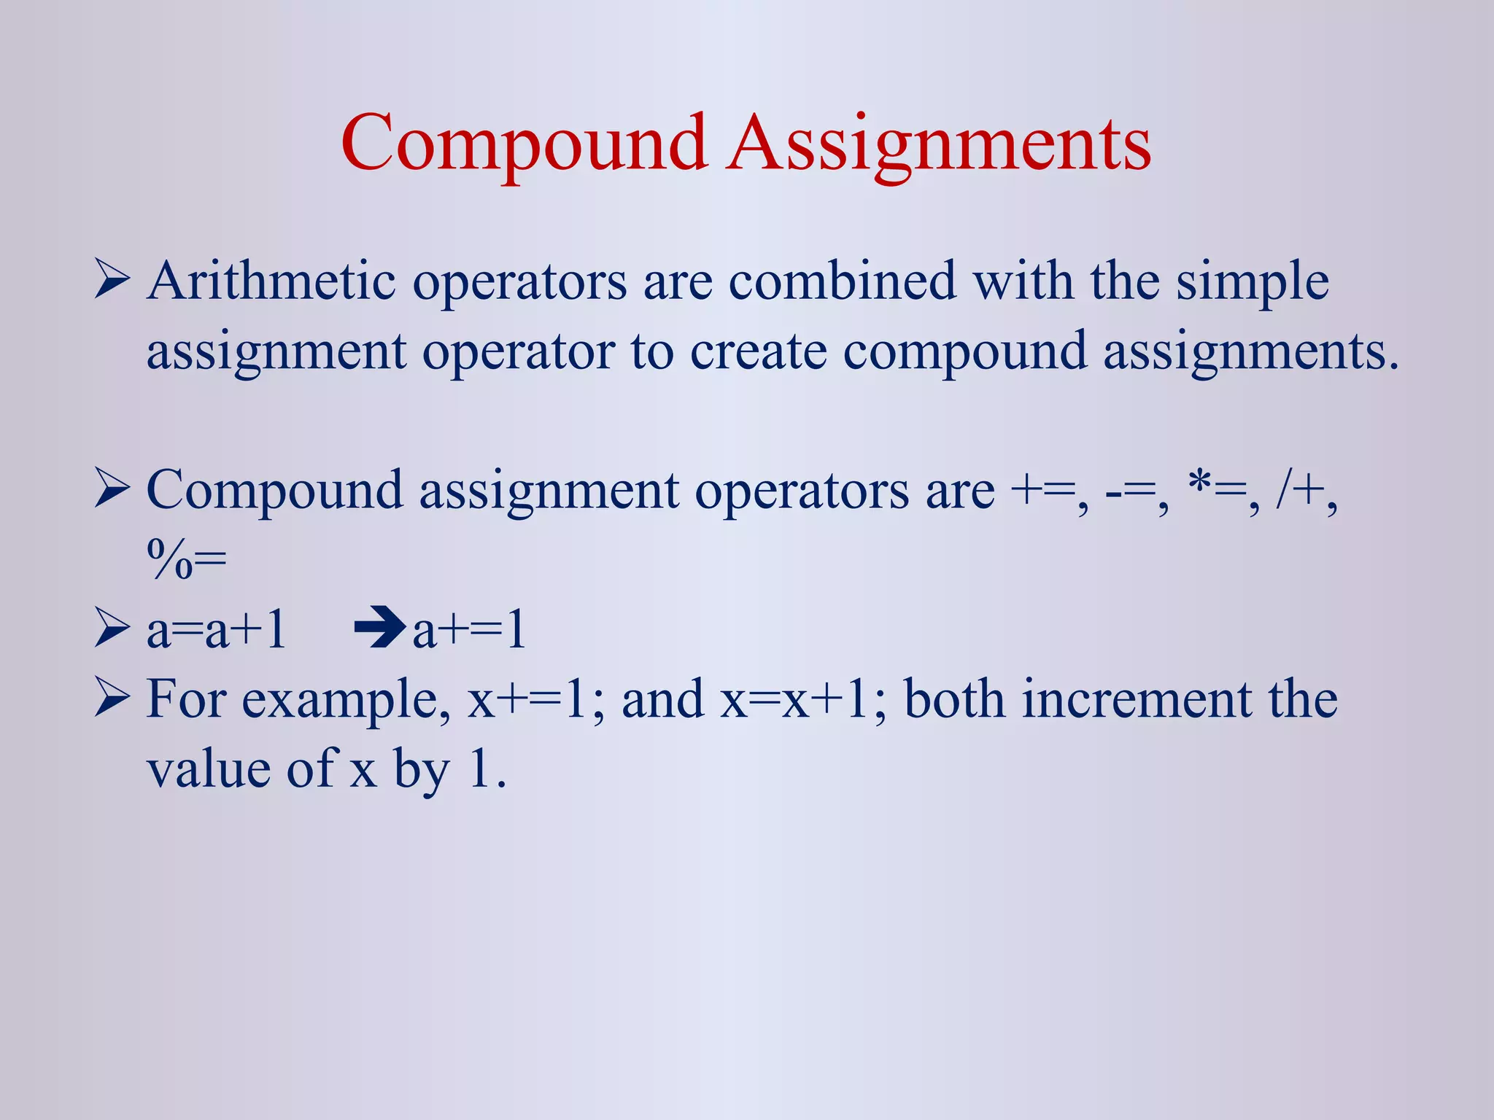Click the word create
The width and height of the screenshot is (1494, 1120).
pyautogui.click(x=759, y=351)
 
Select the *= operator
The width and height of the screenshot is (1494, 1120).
pyautogui.click(x=1217, y=490)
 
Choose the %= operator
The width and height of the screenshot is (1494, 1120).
pyautogui.click(x=187, y=560)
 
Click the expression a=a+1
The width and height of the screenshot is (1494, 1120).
pyautogui.click(x=216, y=630)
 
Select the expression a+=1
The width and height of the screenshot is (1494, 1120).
pyautogui.click(x=469, y=630)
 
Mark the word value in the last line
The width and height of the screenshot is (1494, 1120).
pyautogui.click(x=209, y=769)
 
